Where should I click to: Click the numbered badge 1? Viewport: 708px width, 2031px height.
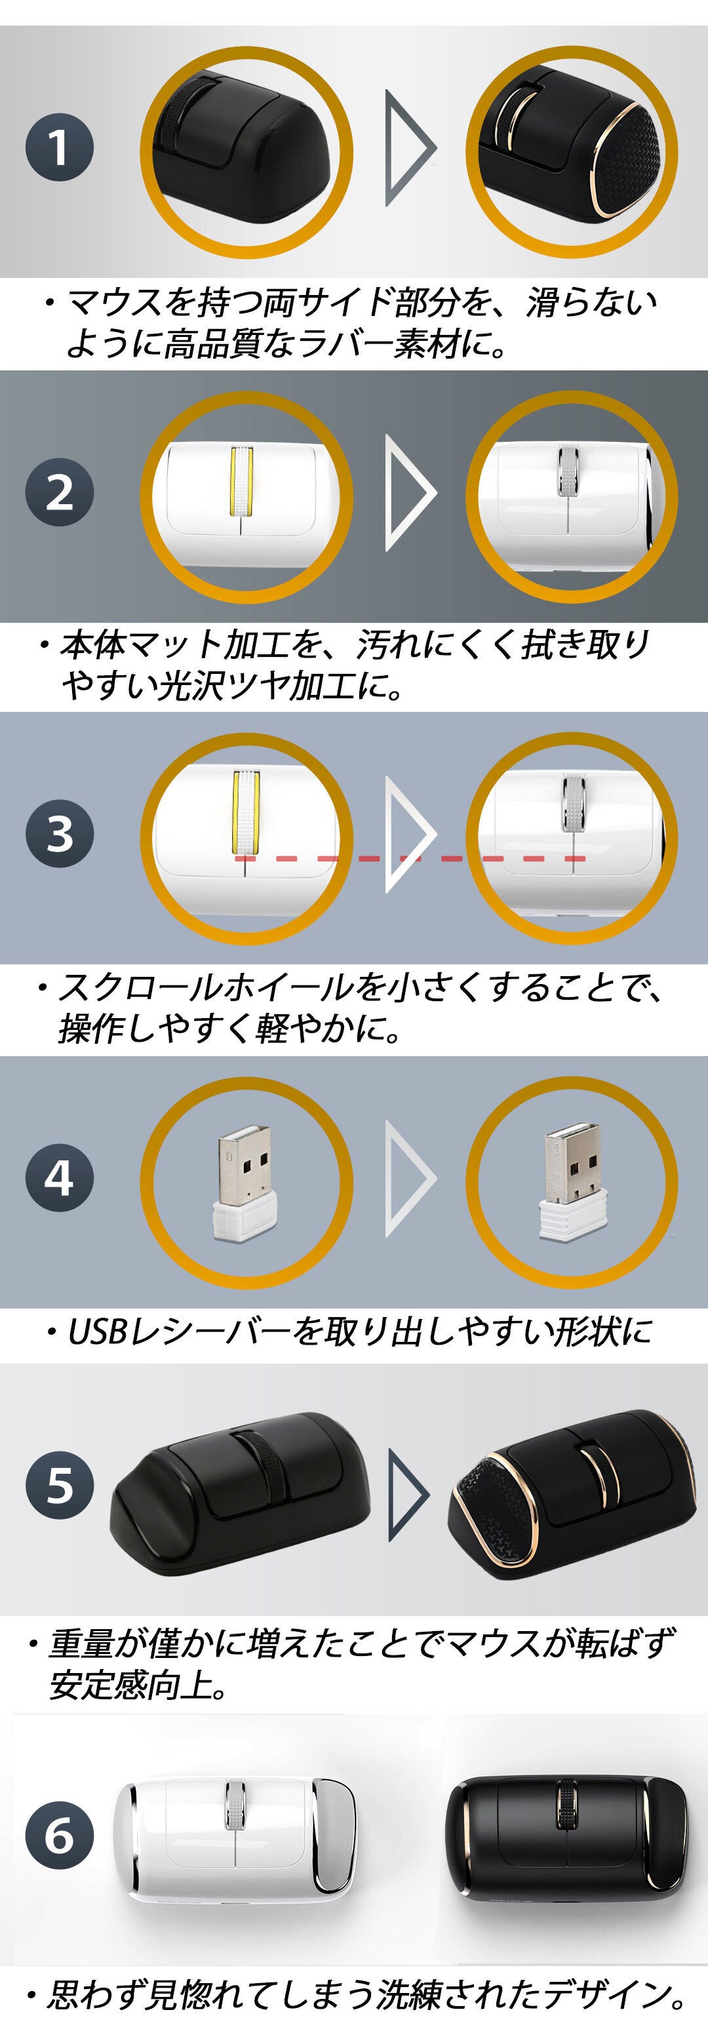(x=59, y=148)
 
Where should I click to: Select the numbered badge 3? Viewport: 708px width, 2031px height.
(x=59, y=834)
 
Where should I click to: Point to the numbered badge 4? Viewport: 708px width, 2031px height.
(x=59, y=1179)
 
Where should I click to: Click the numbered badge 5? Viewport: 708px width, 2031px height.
(x=59, y=1486)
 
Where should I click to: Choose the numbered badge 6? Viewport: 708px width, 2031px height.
(x=59, y=1836)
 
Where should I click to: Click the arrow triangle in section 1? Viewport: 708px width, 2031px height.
(x=410, y=148)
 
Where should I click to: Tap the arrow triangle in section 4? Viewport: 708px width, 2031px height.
(x=410, y=1179)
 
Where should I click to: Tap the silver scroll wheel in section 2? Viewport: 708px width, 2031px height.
(x=568, y=471)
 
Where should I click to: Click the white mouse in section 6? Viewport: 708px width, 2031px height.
(x=235, y=1834)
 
